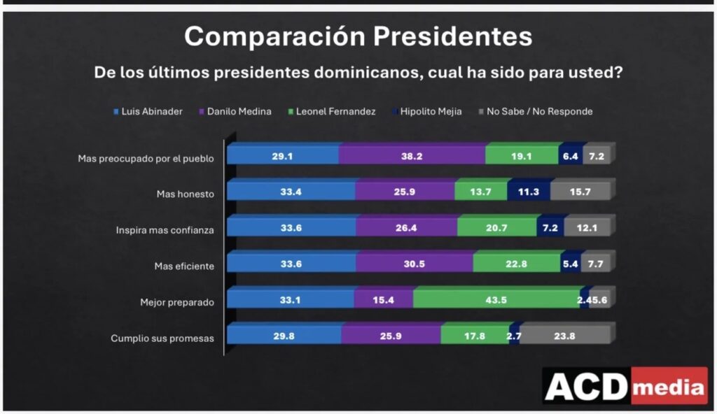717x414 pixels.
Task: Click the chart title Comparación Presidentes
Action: tap(358, 36)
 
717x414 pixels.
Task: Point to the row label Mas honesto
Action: tap(185, 194)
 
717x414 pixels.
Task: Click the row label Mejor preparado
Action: tap(176, 303)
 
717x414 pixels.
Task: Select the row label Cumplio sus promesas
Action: tap(162, 339)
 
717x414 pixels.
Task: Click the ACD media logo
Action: tap(625, 385)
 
